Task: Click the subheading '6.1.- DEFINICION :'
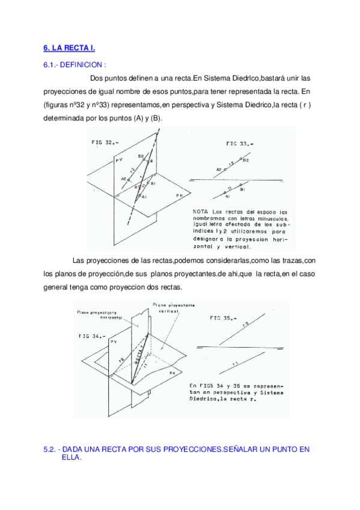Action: coord(75,64)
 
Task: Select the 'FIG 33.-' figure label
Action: coord(240,144)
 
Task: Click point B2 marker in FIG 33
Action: coord(240,160)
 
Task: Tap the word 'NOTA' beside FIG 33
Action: coord(201,212)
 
